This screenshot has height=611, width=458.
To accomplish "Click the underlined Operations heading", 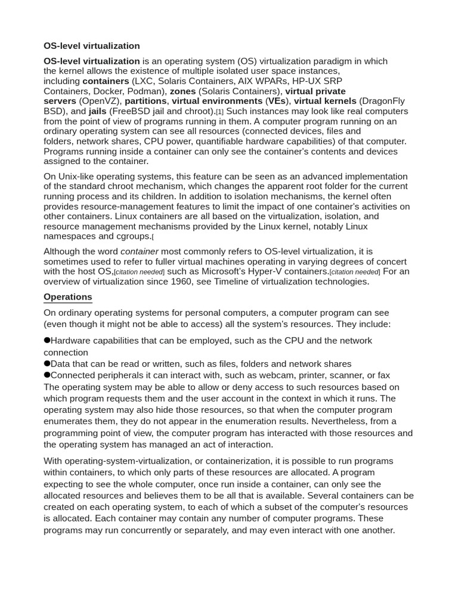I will point(67,297).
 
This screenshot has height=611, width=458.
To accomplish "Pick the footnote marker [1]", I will point(219,112).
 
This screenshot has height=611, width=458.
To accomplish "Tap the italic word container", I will point(140,252).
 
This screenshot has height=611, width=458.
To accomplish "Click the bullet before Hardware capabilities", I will point(47,340).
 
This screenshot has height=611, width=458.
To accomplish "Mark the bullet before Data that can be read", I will point(47,363).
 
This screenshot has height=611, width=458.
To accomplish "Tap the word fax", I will point(383,375).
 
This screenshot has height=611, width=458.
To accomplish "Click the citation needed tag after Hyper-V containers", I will point(355,272).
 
